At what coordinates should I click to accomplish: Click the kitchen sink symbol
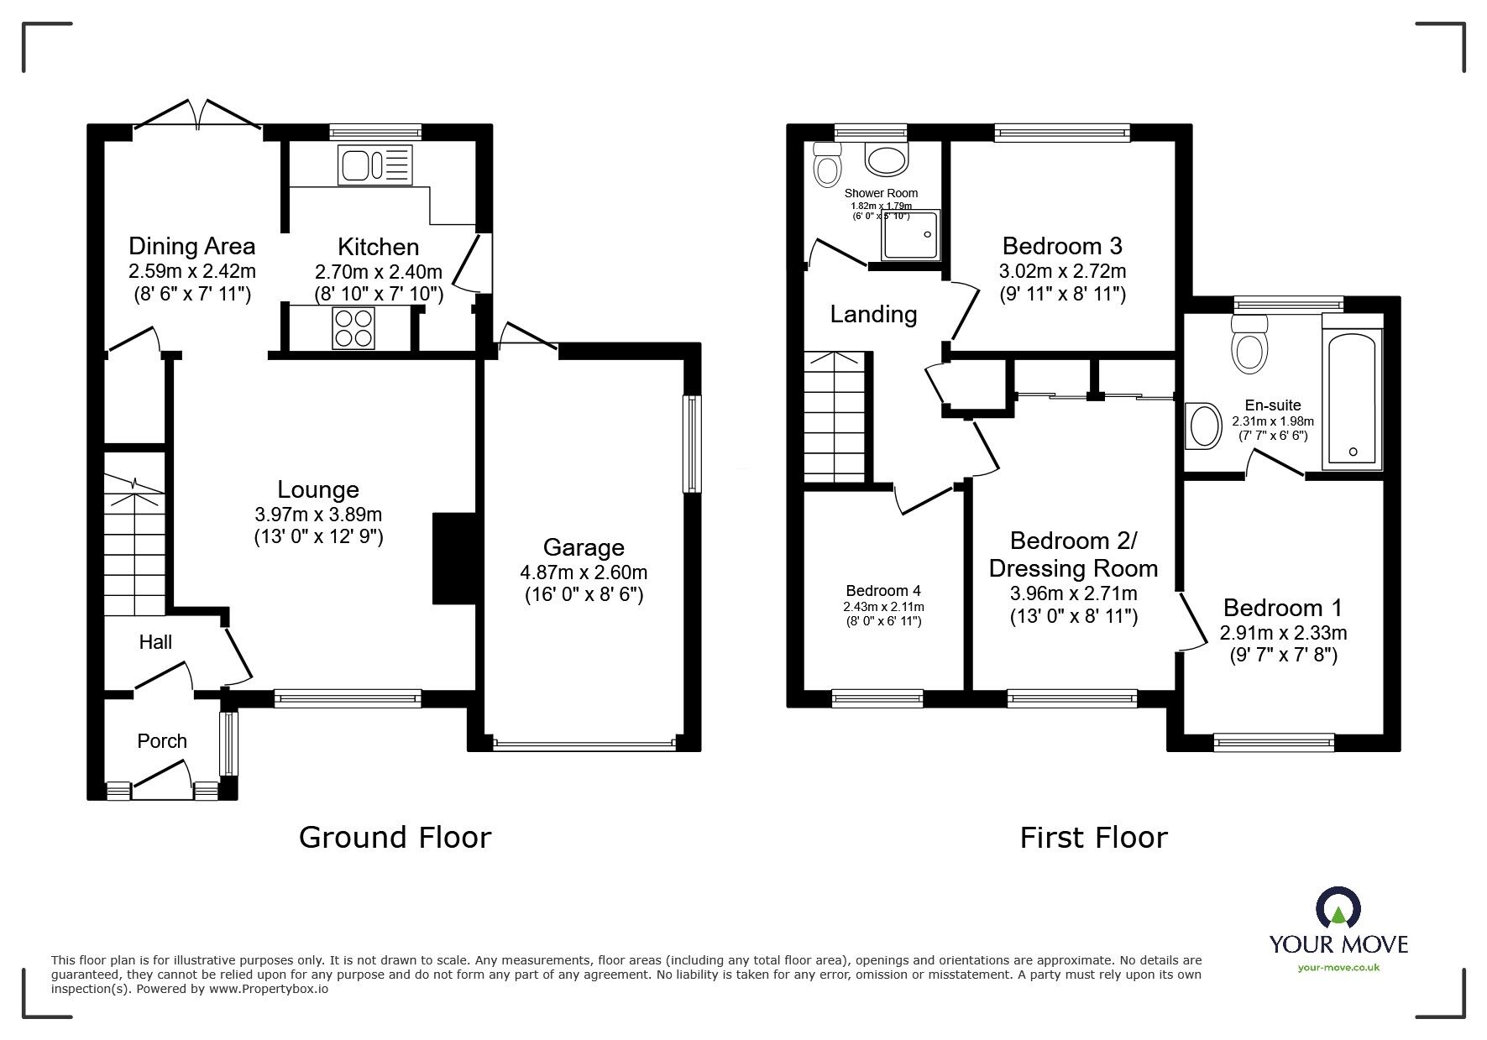375,165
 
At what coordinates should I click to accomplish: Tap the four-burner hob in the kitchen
353,328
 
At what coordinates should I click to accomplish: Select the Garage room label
584,548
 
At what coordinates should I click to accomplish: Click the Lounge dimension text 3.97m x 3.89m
318,515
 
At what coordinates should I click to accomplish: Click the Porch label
162,741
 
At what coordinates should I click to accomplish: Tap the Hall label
155,642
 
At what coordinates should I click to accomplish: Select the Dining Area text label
191,247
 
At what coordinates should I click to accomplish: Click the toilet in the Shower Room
827,166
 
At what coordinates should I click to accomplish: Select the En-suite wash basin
1204,426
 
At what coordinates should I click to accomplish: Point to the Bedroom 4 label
884,591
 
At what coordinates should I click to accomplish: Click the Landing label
873,315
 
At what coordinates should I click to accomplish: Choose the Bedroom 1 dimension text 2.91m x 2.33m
1283,633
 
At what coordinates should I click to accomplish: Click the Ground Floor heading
395,838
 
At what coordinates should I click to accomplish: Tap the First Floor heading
1093,838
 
